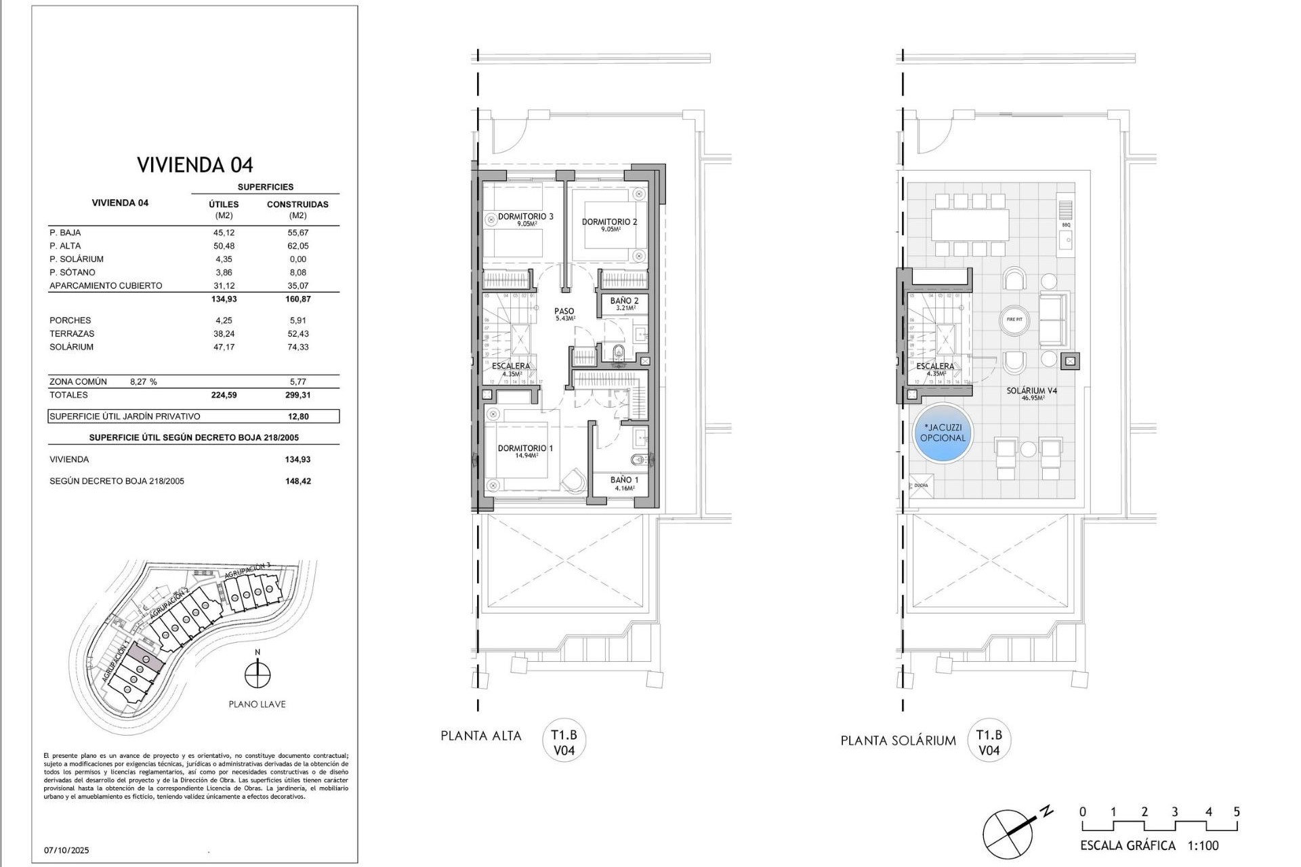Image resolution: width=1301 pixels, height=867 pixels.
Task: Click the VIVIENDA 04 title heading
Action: (194, 165)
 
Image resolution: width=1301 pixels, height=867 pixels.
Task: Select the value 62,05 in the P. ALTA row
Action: (297, 246)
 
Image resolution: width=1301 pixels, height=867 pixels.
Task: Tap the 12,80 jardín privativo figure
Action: (297, 417)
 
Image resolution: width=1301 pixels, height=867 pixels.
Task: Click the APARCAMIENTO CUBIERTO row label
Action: (106, 286)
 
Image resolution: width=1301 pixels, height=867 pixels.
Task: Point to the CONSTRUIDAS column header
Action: (297, 204)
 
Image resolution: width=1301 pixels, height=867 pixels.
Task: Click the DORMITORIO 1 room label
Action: (526, 449)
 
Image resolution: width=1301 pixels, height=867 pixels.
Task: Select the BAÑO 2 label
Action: (624, 301)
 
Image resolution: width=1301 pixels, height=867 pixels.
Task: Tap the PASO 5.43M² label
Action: (564, 313)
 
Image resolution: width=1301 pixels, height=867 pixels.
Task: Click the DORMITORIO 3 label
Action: (526, 217)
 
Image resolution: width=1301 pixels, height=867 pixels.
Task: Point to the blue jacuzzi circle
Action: (943, 433)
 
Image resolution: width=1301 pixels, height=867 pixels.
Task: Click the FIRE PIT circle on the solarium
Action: (1014, 320)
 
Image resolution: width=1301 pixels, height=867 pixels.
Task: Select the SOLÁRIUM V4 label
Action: (1031, 392)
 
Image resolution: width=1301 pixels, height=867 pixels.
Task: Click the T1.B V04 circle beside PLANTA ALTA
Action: (564, 743)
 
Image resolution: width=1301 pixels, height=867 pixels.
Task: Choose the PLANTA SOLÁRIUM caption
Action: (898, 740)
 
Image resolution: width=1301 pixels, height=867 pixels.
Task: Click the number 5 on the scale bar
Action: (1237, 811)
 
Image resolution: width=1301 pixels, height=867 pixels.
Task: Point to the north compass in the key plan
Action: (257, 674)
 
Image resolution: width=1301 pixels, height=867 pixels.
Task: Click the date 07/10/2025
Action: (66, 850)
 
